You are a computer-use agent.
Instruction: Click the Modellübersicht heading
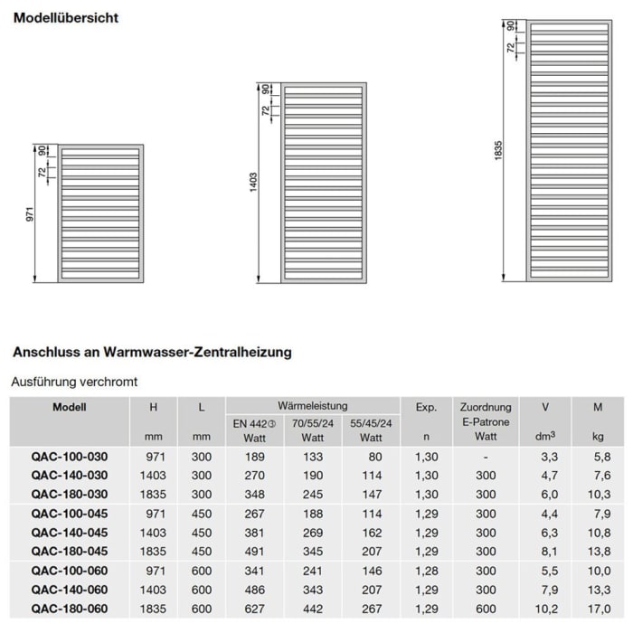(65, 17)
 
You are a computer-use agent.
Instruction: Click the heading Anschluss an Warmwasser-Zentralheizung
(151, 352)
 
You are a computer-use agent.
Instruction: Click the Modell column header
(70, 407)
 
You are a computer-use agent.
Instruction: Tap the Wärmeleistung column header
(312, 406)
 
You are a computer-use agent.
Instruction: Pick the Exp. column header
(427, 407)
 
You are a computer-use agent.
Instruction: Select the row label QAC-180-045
(70, 551)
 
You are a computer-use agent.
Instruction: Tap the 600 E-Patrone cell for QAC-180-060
(486, 609)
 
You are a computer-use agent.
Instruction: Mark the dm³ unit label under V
(544, 438)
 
